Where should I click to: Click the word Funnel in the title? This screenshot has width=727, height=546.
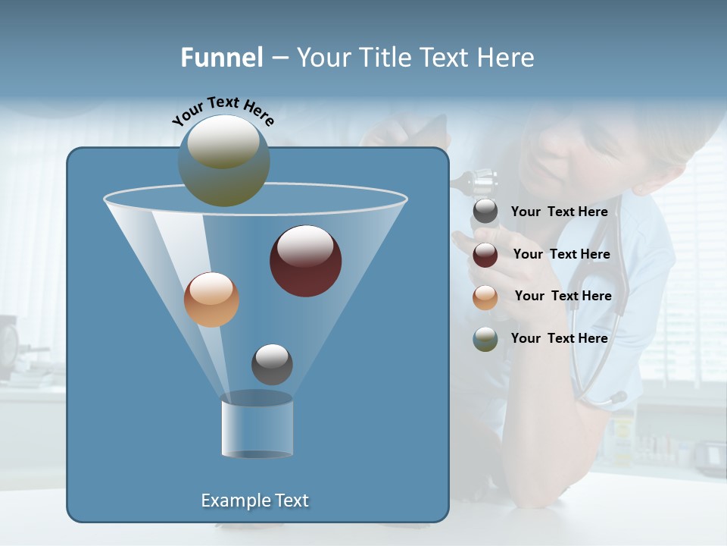222,58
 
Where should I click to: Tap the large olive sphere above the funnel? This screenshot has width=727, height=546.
223,161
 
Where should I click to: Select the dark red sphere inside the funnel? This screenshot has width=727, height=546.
305,261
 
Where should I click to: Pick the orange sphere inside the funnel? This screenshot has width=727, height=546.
211,300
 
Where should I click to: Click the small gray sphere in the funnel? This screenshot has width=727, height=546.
272,364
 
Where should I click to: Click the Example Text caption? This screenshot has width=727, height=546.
255,500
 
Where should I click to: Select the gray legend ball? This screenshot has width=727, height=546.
485,212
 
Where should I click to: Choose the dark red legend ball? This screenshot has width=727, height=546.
485,255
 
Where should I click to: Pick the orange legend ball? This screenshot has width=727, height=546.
485,297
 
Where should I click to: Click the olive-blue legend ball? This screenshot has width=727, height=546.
485,339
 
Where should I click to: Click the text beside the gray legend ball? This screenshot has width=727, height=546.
559,212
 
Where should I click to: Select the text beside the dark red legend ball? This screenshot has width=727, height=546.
561,255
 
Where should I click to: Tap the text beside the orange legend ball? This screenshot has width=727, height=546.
563,297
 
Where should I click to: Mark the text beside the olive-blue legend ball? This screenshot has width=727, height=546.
559,338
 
